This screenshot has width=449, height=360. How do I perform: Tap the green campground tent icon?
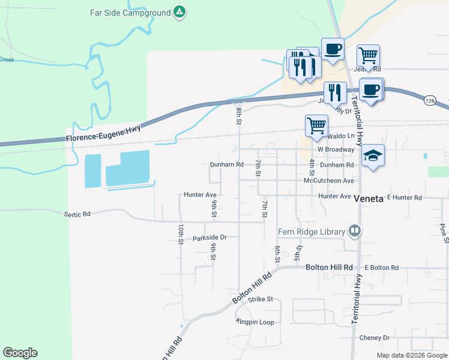(x=179, y=11)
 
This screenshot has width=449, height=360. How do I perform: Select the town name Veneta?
(x=369, y=198)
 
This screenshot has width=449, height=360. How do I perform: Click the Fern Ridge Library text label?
(x=311, y=232)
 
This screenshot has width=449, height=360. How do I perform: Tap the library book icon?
(x=355, y=231)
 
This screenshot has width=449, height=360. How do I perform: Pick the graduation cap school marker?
(x=373, y=155)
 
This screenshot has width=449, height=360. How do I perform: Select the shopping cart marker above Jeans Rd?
(x=369, y=55)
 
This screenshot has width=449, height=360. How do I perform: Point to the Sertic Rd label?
(x=77, y=214)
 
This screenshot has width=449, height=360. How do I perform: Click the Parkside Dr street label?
(x=209, y=238)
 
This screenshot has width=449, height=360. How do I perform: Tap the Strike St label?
(x=261, y=299)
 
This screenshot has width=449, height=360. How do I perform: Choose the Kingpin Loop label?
(x=257, y=322)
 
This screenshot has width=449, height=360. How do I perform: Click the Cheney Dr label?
(x=374, y=338)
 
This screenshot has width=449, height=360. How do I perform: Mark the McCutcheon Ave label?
(x=329, y=180)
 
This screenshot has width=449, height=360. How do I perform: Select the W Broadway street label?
(x=336, y=149)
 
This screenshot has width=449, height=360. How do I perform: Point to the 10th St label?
(x=180, y=234)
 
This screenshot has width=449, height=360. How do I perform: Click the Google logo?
(x=20, y=353)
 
